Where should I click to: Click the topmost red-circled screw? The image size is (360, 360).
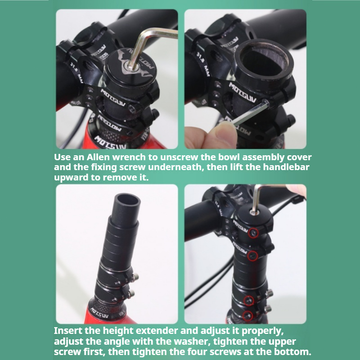pyautogui.click(x=253, y=233)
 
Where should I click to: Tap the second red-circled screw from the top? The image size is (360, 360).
pyautogui.click(x=252, y=256)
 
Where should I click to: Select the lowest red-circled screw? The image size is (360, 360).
pyautogui.click(x=247, y=316)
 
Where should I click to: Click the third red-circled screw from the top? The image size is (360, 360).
pyautogui.click(x=249, y=301)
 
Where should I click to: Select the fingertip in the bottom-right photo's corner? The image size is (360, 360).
pyautogui.click(x=297, y=190)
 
